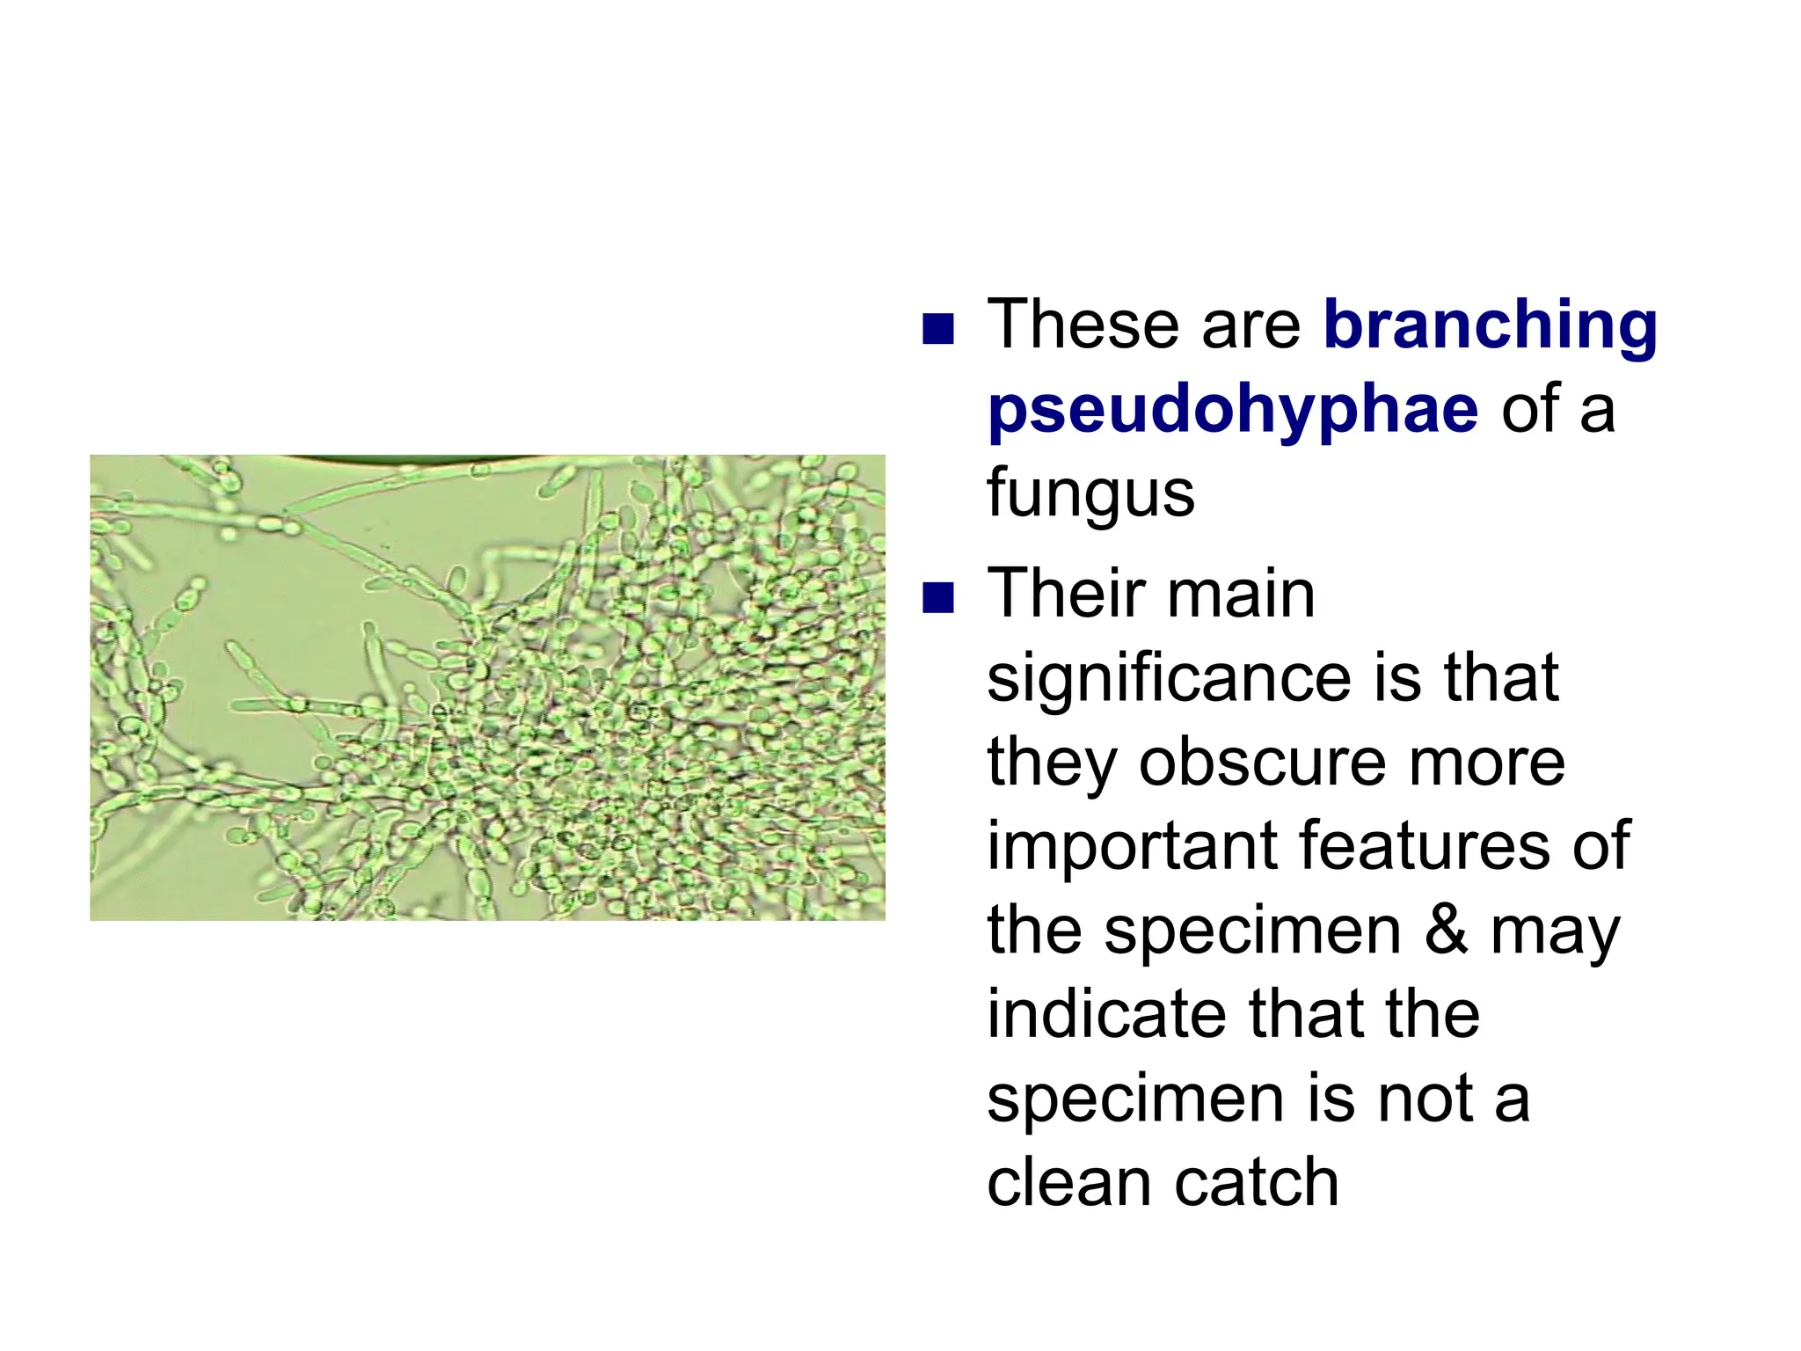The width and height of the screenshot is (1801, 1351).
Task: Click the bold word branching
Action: [1490, 327]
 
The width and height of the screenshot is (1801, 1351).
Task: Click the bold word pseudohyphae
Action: [1233, 410]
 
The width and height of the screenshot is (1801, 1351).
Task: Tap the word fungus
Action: [1090, 494]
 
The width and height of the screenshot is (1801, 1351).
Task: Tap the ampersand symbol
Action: [1446, 931]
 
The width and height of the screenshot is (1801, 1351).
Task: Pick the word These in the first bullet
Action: [1082, 325]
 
